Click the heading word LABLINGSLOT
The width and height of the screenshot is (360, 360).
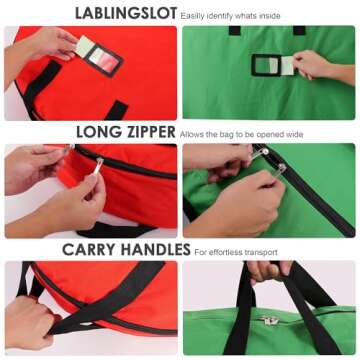point(126,14)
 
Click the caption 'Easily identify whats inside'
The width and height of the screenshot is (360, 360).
point(230,16)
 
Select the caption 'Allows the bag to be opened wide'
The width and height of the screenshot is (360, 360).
point(241,135)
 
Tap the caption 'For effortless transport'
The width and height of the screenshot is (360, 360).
point(236,252)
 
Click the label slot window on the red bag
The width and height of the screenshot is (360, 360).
point(103,61)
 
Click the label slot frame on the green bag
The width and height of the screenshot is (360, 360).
point(264,65)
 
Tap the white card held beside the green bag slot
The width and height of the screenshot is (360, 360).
point(287,65)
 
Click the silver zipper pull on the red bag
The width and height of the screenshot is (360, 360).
point(98,166)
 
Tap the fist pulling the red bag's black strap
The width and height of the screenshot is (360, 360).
point(29,321)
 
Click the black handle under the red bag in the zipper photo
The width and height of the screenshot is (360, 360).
point(115,231)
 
